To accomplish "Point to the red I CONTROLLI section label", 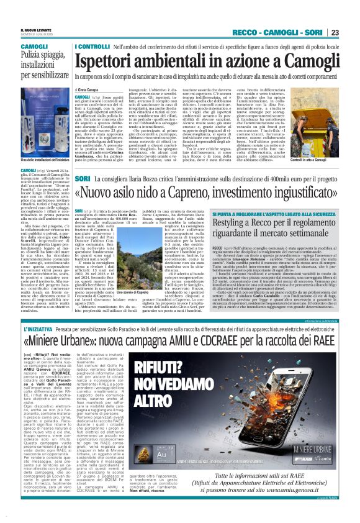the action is coord(91,47).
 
